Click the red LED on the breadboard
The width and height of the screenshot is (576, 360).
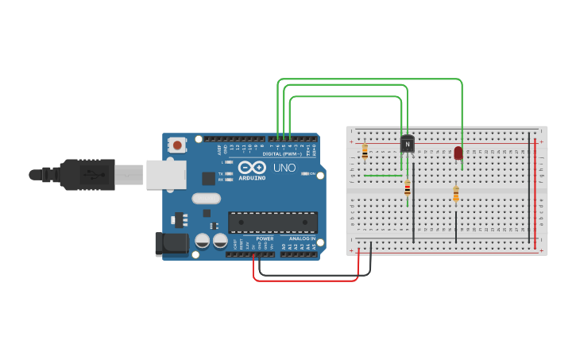point(458,153)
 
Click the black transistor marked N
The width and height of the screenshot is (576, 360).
point(407,144)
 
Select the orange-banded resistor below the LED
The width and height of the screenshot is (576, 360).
point(455,193)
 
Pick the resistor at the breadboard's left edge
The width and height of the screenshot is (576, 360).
point(365,151)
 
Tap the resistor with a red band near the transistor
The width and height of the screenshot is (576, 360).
point(408,188)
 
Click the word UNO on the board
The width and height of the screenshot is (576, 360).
point(284,168)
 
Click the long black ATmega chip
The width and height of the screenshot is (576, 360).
point(273,223)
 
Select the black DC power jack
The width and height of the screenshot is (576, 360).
point(171,244)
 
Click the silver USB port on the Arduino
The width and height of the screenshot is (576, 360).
point(165,175)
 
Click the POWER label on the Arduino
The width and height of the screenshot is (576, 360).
point(265,238)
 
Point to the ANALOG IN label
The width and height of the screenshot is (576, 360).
point(301,238)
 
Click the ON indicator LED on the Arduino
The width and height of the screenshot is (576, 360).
point(303,173)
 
